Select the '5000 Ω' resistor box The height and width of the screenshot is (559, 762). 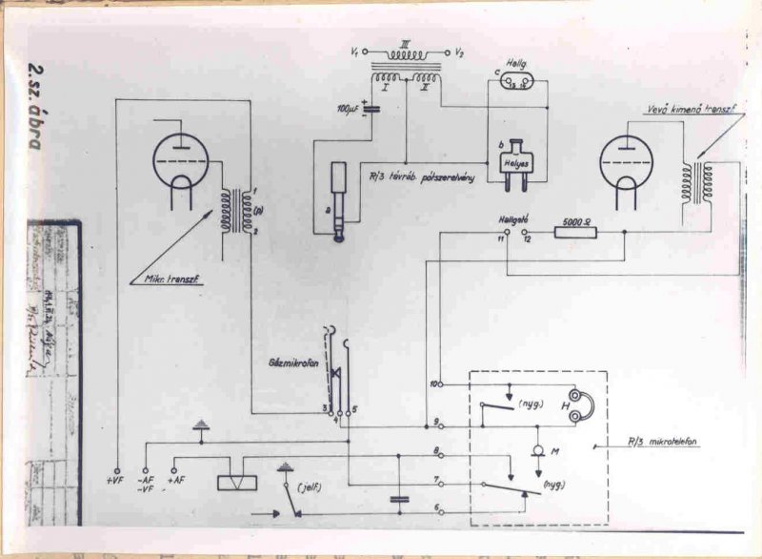pos(574,231)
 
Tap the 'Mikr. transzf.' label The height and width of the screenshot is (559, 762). pos(169,279)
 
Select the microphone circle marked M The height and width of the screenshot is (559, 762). pos(538,450)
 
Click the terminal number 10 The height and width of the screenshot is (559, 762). pos(435,383)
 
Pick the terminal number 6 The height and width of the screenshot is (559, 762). pos(436,507)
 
